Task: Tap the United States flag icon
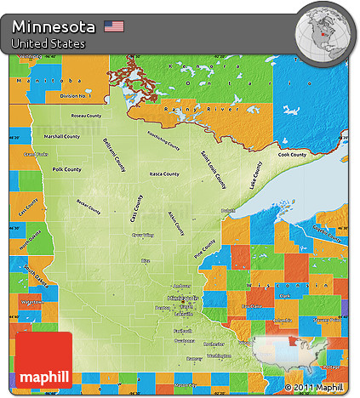click(114, 26)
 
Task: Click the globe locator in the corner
click(323, 32)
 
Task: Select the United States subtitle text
click(49, 43)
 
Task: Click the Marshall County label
click(62, 136)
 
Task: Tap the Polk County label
click(66, 169)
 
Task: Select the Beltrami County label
click(114, 154)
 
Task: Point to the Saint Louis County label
click(214, 168)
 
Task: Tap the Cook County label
click(292, 155)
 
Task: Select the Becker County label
click(89, 208)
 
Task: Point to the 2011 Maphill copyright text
click(319, 388)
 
